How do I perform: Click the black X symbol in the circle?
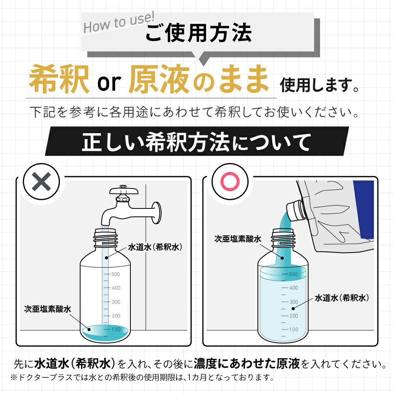click(x=41, y=182)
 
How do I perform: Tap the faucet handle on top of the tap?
click(x=124, y=190)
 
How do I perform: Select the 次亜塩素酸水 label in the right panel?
click(x=238, y=238)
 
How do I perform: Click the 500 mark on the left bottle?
click(x=115, y=274)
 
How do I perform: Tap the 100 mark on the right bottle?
click(x=294, y=329)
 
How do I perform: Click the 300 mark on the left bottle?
click(x=115, y=302)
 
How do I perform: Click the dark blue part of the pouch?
click(x=364, y=209)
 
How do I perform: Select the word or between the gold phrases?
click(x=108, y=82)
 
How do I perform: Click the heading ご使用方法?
click(x=198, y=33)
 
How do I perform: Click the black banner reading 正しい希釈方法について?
click(x=197, y=142)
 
